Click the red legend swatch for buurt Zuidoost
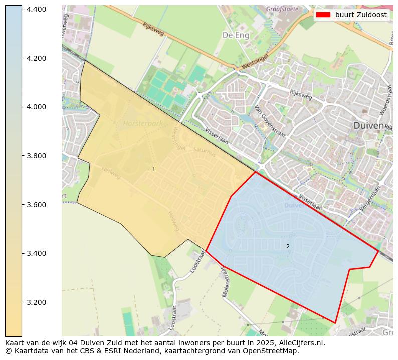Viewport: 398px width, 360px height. pos(323,15)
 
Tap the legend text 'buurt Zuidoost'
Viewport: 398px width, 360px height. pos(361,15)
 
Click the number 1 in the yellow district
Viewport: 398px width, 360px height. pos(153,170)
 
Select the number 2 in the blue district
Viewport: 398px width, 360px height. pos(288,246)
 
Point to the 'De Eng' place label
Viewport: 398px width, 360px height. pos(235,35)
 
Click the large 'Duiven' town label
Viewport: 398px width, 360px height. pos(368,125)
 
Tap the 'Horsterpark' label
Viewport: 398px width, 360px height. pos(142,123)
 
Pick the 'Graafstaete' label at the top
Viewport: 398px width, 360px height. pos(282,9)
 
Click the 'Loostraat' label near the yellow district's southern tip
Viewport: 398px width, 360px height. pos(198,261)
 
